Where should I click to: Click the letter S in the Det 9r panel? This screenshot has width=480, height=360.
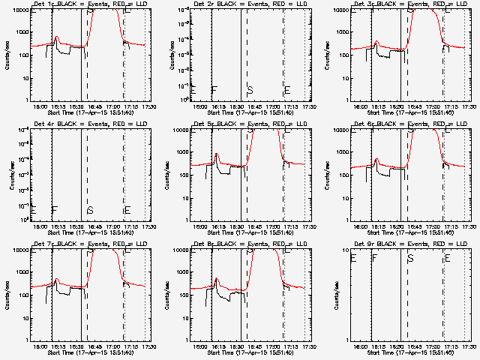click(x=410, y=258)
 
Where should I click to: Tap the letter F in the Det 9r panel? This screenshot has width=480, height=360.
click(x=375, y=258)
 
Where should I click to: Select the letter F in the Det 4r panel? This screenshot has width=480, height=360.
click(x=55, y=210)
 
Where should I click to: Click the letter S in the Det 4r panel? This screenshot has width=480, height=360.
click(x=90, y=210)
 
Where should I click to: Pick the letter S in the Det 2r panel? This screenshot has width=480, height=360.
click(x=250, y=90)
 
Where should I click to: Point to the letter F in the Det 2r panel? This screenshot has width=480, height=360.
click(x=214, y=90)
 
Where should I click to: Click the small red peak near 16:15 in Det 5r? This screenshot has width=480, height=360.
click(x=217, y=156)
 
